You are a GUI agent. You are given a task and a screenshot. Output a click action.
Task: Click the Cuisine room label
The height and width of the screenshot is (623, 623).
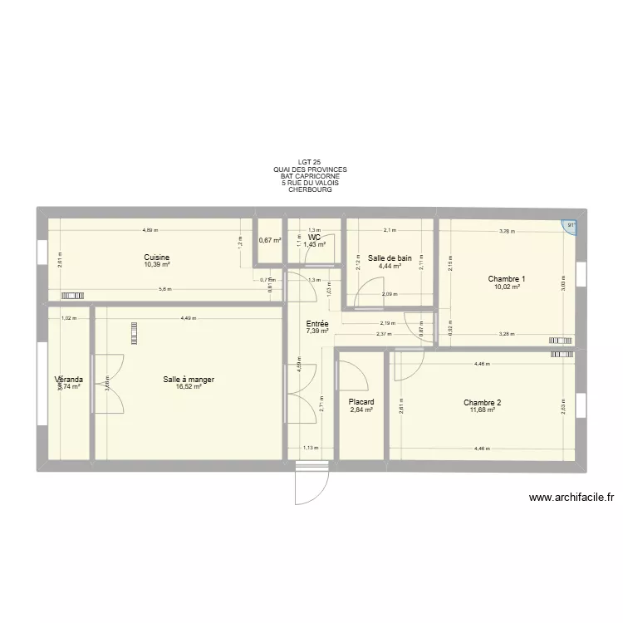(156, 258)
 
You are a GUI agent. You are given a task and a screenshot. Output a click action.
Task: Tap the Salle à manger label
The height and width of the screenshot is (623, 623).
(189, 380)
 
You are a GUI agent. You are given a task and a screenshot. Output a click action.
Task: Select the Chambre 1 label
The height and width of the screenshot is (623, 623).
(506, 279)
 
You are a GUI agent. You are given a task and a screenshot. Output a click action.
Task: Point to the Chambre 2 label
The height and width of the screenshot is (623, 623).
(482, 403)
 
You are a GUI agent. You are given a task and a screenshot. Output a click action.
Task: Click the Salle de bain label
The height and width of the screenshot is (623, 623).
(390, 258)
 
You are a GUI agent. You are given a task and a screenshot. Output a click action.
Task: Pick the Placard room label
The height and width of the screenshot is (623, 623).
(361, 402)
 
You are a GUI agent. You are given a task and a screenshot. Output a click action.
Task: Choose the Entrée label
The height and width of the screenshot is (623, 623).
(316, 323)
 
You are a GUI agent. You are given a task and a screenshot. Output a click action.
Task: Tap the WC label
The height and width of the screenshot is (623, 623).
(314, 238)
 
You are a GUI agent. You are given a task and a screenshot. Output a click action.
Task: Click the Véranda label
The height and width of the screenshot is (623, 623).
(68, 380)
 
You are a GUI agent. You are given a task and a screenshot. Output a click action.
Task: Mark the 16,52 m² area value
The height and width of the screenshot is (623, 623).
(189, 387)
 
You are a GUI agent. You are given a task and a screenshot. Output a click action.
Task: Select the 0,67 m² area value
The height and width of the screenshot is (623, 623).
(270, 241)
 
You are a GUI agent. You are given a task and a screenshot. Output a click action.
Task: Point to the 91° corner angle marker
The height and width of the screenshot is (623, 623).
(570, 225)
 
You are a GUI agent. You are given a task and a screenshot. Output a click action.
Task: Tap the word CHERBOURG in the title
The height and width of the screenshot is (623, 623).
(310, 189)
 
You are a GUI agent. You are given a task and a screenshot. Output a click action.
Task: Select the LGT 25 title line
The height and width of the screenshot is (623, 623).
(310, 163)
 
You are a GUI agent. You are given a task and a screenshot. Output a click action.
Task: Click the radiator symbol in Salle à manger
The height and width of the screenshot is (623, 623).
(133, 332)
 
